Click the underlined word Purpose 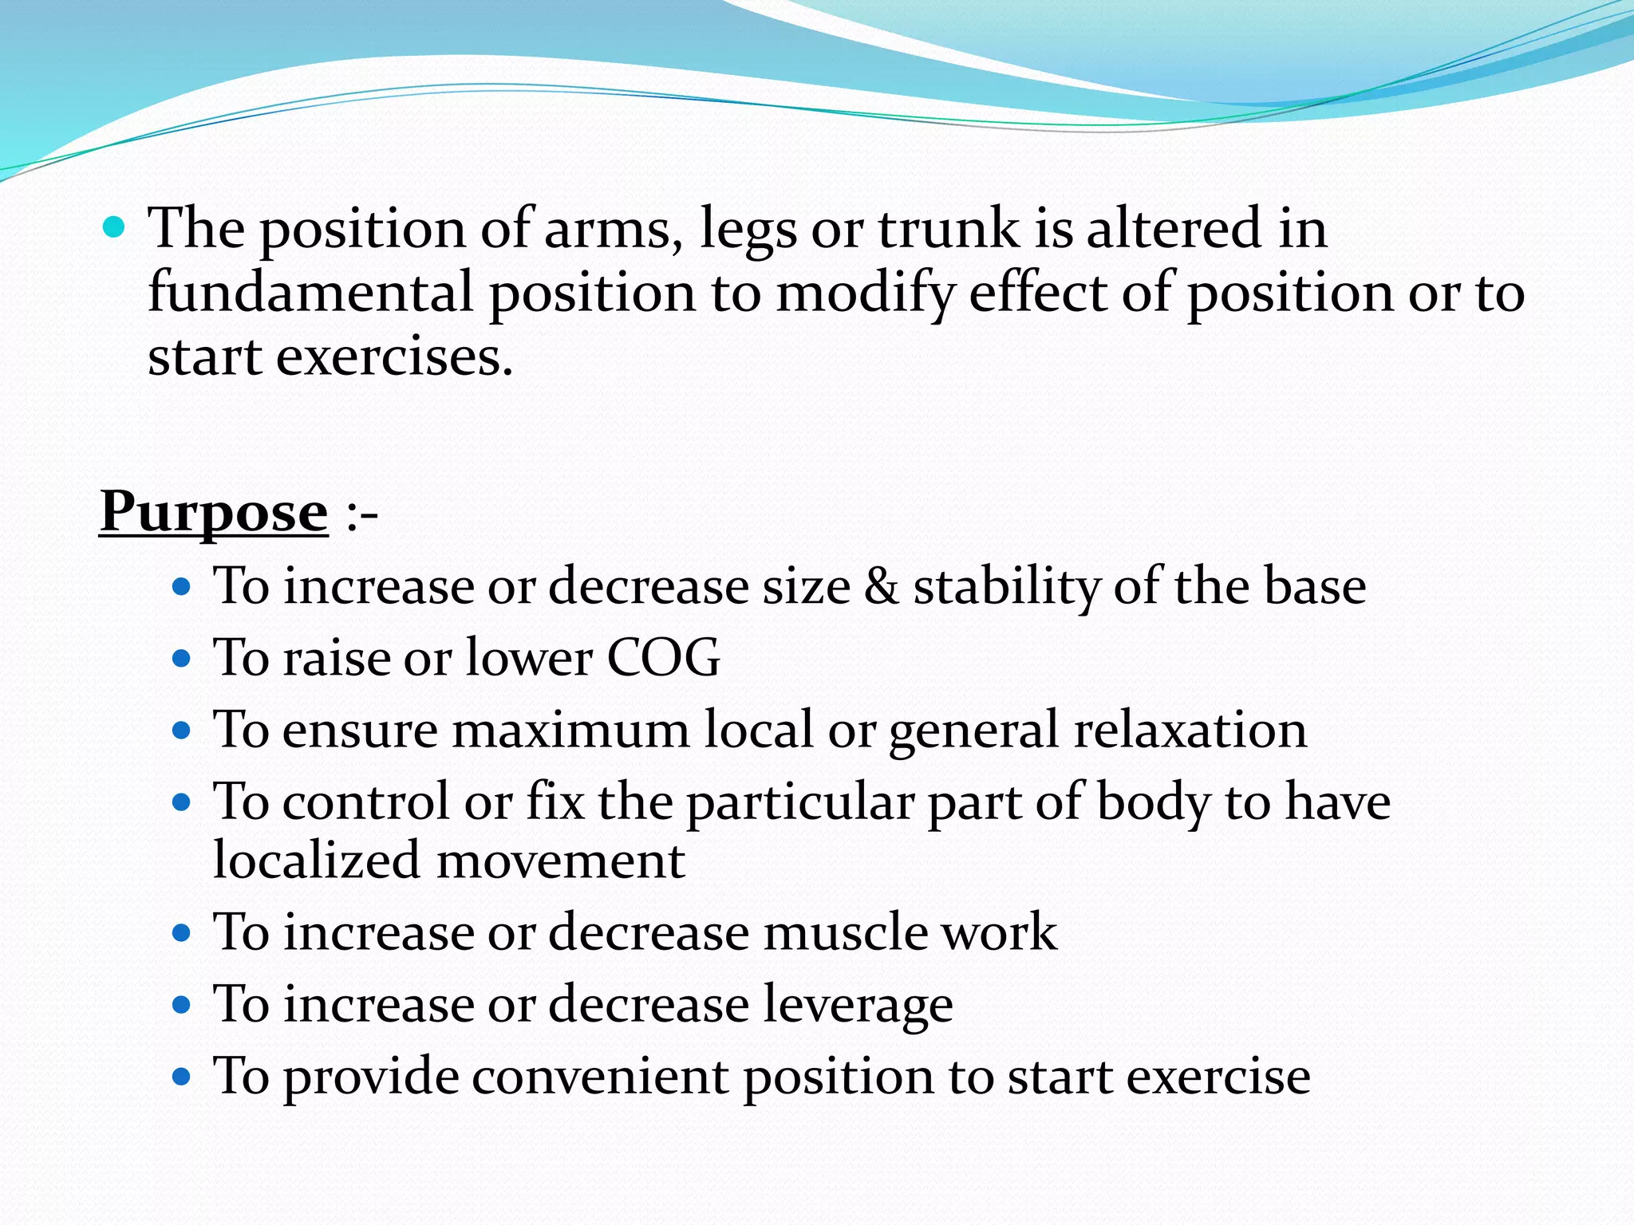(x=214, y=512)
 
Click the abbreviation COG (x=663, y=658)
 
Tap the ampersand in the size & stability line (x=881, y=587)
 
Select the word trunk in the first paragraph (x=949, y=229)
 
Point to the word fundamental (x=311, y=292)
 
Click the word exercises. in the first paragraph (x=394, y=356)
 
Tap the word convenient (x=599, y=1076)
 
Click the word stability (x=1006, y=587)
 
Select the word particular (x=799, y=802)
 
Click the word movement (x=560, y=861)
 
